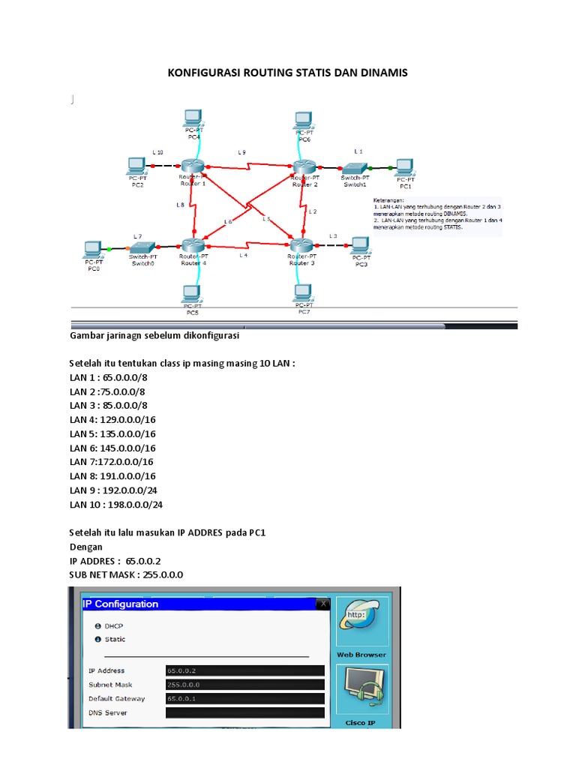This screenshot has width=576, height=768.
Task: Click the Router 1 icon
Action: pyautogui.click(x=193, y=167)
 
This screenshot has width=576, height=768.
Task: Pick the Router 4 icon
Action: pyautogui.click(x=193, y=244)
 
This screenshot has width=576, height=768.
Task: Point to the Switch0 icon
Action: pyautogui.click(x=142, y=247)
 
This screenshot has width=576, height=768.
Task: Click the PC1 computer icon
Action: pyautogui.click(x=405, y=166)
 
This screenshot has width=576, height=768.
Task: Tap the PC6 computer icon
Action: pyautogui.click(x=303, y=119)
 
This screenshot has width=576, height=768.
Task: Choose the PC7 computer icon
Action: pyautogui.click(x=303, y=291)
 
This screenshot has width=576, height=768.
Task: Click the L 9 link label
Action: pyautogui.click(x=241, y=152)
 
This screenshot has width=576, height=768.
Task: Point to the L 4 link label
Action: pyautogui.click(x=242, y=255)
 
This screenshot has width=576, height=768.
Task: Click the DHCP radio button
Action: pyautogui.click(x=97, y=625)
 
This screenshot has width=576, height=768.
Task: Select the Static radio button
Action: pyautogui.click(x=97, y=639)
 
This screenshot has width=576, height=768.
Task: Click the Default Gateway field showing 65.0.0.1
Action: pyautogui.click(x=244, y=698)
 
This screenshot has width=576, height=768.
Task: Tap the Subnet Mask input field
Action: pyautogui.click(x=244, y=685)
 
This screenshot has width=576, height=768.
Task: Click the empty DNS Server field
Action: pyautogui.click(x=244, y=712)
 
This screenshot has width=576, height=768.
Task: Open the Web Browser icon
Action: pyautogui.click(x=361, y=624)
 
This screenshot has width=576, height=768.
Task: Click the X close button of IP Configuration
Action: pyautogui.click(x=322, y=604)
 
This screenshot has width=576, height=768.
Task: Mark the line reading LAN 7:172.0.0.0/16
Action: pyautogui.click(x=116, y=462)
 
